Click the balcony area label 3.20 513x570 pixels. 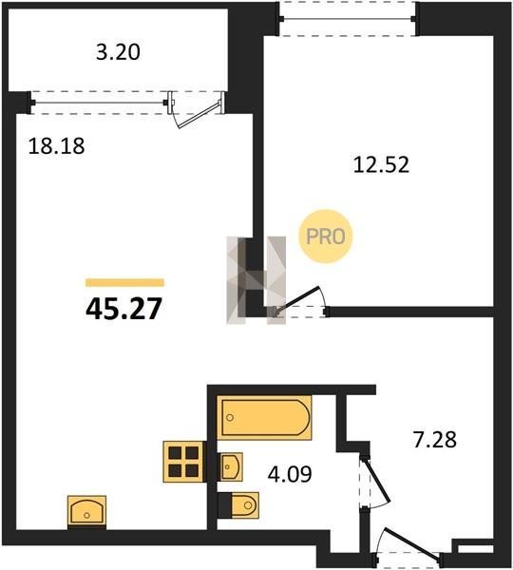pos(118,52)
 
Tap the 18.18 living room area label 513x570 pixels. pos(56,146)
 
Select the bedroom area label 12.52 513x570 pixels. pos(381,164)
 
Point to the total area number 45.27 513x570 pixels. pos(123,309)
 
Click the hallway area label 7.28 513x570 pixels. pos(435,439)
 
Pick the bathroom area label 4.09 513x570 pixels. pos(290,474)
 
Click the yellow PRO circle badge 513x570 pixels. pos(326,237)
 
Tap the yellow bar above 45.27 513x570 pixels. pos(124,282)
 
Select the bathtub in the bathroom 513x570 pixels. pos(265,418)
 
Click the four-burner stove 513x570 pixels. pos(183,462)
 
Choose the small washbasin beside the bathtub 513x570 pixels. pos(231,466)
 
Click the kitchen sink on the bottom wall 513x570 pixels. pos(86,511)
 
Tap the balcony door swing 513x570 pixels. pos(197,115)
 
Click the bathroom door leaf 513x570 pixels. pos(375,480)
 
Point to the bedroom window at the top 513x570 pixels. pos(348,19)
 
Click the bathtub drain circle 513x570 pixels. pos(230,418)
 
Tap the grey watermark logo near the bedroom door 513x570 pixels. pos(256,280)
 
